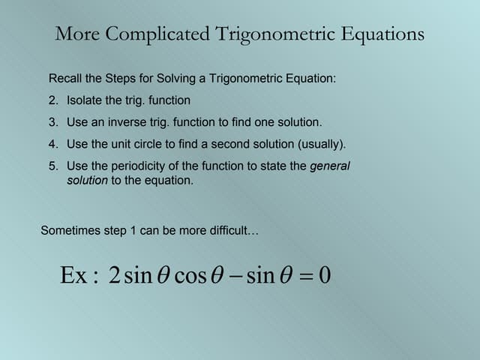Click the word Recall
pos(65,79)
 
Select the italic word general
pos(330,166)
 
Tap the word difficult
pos(233,231)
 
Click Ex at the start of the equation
pos(73,276)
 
